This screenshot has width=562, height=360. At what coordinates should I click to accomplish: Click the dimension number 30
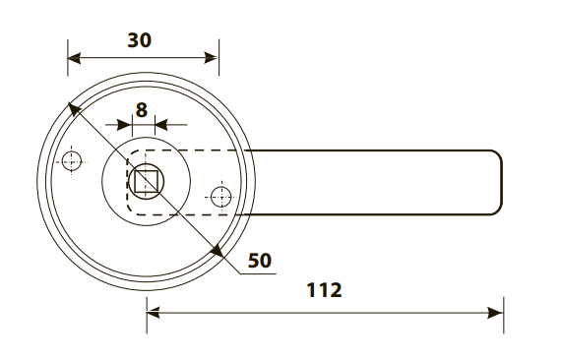point(140,40)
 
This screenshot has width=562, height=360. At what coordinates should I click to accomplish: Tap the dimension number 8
point(142,110)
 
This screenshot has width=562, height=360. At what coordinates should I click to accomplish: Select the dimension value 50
point(260,261)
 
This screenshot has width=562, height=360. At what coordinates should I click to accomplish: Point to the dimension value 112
point(325,290)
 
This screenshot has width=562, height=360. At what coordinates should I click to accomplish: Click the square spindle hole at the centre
point(147,181)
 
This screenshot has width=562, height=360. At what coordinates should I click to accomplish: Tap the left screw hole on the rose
point(72,162)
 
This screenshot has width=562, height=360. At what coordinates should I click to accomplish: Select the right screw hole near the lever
point(221,197)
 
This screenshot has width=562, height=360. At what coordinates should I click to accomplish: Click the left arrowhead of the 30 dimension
point(74,58)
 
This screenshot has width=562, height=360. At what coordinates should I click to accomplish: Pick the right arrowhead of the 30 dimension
point(211,58)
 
